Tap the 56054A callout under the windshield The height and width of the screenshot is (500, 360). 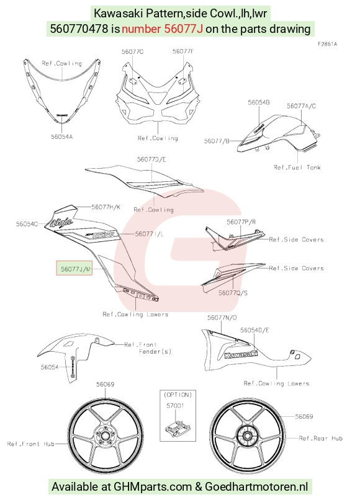[62, 137]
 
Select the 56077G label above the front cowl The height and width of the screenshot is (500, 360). [132, 51]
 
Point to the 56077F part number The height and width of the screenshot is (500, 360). [183, 51]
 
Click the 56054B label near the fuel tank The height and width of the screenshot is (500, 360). [259, 102]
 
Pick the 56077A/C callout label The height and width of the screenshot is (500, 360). [301, 106]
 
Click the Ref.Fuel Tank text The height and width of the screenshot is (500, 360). [297, 167]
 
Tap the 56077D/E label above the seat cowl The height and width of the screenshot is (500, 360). [151, 159]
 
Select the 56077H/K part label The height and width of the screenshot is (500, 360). [106, 207]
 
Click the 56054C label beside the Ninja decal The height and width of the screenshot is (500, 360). [27, 224]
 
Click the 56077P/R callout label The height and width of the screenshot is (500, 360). [241, 222]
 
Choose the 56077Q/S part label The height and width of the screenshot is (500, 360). [233, 292]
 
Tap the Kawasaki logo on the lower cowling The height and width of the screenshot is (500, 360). [241, 355]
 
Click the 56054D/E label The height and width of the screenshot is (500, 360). [254, 330]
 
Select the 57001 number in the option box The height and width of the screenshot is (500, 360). [176, 406]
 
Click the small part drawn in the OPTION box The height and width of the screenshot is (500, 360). [176, 427]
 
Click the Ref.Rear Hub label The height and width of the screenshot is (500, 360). [321, 438]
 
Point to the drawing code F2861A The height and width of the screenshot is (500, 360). [327, 44]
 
